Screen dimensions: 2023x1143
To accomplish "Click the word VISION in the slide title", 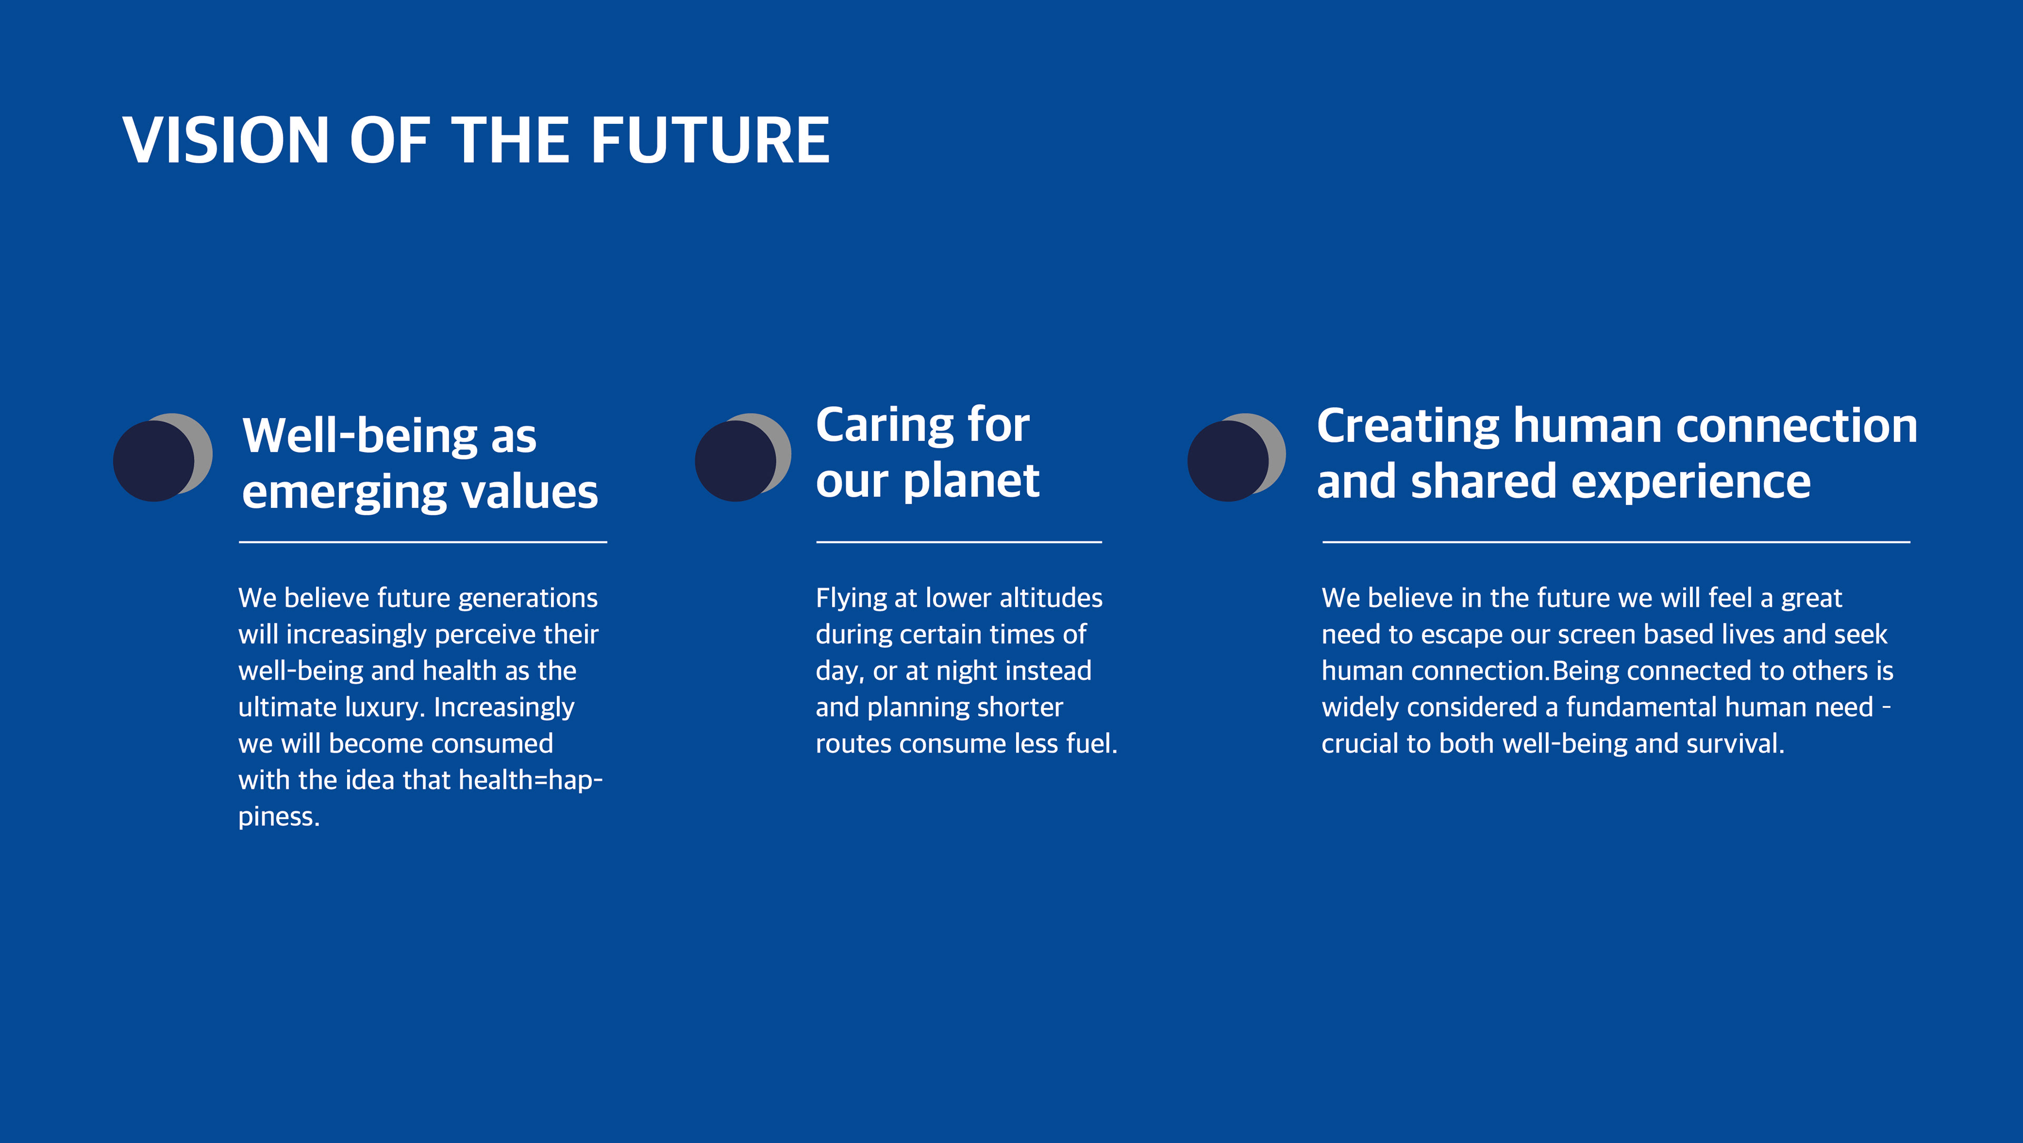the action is click(225, 141).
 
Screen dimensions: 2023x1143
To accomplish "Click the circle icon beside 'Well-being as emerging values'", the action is click(163, 457).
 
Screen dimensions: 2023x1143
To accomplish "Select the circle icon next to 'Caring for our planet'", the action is click(743, 457).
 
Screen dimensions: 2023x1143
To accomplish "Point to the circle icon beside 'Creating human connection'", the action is click(1236, 457).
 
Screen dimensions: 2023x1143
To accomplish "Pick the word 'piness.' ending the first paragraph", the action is click(279, 817).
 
